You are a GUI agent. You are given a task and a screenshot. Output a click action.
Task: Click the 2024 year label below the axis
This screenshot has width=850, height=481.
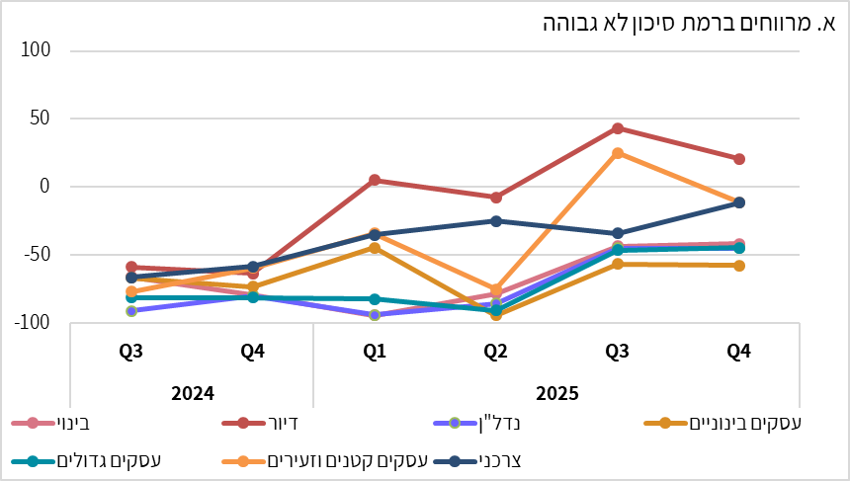coord(193,392)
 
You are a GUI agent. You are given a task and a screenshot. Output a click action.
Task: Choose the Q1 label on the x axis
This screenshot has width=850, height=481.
coord(374,351)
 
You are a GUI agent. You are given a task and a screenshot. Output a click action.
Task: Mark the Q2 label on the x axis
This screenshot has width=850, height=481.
coord(495,351)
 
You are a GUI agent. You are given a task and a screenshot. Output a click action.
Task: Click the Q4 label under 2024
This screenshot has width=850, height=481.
coord(253,351)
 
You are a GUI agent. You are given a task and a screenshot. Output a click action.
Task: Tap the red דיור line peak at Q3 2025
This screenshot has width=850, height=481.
coord(617,128)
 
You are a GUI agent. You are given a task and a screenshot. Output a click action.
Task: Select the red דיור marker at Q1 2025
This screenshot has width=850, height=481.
coord(375,180)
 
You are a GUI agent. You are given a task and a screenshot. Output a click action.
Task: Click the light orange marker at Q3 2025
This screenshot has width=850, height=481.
coord(617,153)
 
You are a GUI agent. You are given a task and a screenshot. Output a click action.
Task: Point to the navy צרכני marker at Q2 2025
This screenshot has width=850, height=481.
coord(496,220)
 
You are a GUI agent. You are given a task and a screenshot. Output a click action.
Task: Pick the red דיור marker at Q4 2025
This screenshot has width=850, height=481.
coord(738,159)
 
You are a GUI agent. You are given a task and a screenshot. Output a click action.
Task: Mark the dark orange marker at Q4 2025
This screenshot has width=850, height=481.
coord(738,266)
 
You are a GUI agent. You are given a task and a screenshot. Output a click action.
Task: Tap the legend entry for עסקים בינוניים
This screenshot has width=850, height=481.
coord(731,424)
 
